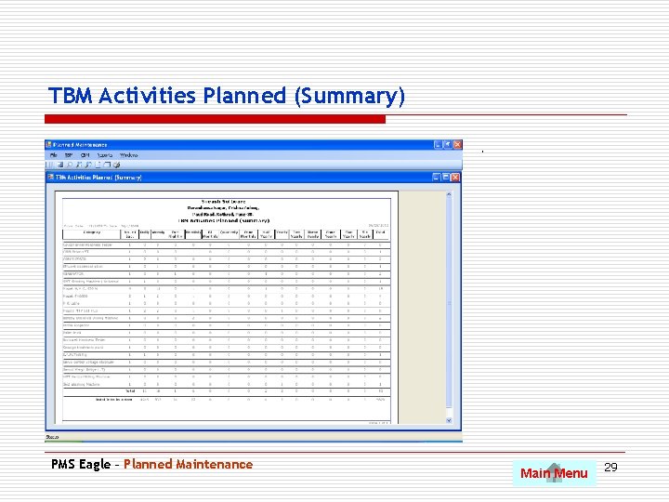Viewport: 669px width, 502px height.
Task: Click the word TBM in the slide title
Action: (x=71, y=96)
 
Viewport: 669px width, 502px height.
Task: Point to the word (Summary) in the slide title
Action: (x=349, y=96)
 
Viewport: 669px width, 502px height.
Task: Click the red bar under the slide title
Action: (x=216, y=119)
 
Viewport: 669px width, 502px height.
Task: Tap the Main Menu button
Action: (x=554, y=473)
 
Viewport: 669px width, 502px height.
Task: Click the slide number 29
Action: (x=610, y=465)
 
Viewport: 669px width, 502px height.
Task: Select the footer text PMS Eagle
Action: (x=81, y=464)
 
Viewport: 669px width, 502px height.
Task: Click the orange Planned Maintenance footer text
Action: (x=188, y=464)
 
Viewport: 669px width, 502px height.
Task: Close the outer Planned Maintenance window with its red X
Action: (x=456, y=145)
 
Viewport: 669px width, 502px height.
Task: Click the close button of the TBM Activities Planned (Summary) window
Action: (x=456, y=177)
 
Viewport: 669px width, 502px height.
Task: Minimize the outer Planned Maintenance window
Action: (x=437, y=145)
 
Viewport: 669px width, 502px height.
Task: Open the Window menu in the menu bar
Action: (x=129, y=155)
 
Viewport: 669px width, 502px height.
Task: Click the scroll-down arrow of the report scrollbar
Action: (x=457, y=429)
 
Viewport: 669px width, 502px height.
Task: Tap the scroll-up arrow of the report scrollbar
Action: (x=457, y=187)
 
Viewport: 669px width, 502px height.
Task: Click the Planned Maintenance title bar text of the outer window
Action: (x=80, y=145)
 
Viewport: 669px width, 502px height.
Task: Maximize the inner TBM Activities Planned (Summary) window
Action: (x=447, y=177)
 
